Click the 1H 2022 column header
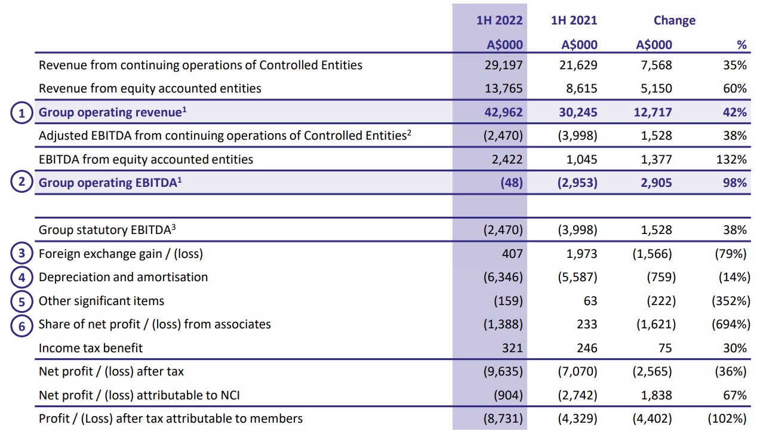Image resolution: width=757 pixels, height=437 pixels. (x=499, y=20)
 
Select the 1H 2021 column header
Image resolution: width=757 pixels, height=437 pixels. (x=574, y=20)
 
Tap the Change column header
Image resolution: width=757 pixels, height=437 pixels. (x=674, y=20)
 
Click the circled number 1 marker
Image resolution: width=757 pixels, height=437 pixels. (x=21, y=112)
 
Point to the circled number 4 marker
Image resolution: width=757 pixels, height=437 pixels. (x=21, y=277)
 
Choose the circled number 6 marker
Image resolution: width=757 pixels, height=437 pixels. (x=21, y=325)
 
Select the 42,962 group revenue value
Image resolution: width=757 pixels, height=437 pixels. (x=504, y=112)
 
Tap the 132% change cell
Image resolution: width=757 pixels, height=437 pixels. (x=733, y=159)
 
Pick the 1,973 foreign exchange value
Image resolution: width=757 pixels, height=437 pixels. (x=583, y=254)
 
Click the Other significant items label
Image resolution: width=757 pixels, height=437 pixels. (x=101, y=301)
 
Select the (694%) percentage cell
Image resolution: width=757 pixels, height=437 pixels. (x=729, y=324)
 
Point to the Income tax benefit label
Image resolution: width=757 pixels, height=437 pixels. (x=91, y=348)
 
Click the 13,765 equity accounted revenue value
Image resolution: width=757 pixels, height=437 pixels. (x=504, y=88)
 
